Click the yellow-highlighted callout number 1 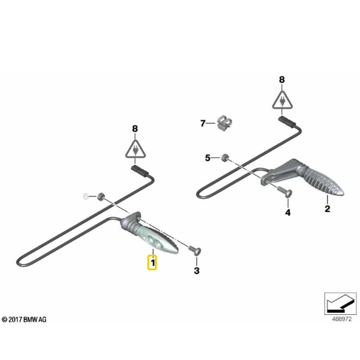[152, 262]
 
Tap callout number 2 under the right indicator [327, 208]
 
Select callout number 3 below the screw [197, 270]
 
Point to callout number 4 [288, 213]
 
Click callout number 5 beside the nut [208, 158]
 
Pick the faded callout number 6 [85, 196]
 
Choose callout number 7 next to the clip [203, 124]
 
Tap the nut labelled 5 [225, 157]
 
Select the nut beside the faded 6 [100, 196]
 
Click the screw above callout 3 [195, 250]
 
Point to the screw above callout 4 [285, 191]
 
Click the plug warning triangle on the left [135, 149]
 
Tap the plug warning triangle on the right [282, 100]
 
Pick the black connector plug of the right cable [287, 122]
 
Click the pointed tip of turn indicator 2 [342, 193]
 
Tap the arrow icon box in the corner [341, 304]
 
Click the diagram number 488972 [342, 319]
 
